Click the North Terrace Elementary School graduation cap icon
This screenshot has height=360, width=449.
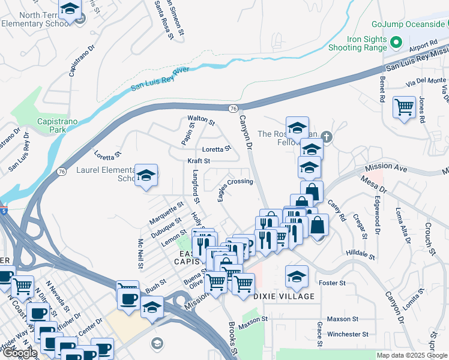point(70,10)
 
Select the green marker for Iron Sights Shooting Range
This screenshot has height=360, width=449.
point(396,43)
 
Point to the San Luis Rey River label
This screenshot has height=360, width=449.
point(160,79)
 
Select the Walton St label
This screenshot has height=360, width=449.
point(200,119)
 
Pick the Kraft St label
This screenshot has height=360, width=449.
point(198,161)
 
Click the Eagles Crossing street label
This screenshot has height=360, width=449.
point(235,182)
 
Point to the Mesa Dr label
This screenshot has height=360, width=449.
point(375,183)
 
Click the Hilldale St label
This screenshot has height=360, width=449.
point(360,255)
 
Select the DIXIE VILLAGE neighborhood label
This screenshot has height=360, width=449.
point(283,296)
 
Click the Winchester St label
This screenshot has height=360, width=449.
point(347,334)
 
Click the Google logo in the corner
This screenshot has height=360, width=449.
point(19,353)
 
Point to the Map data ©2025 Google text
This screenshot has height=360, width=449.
point(411,355)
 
